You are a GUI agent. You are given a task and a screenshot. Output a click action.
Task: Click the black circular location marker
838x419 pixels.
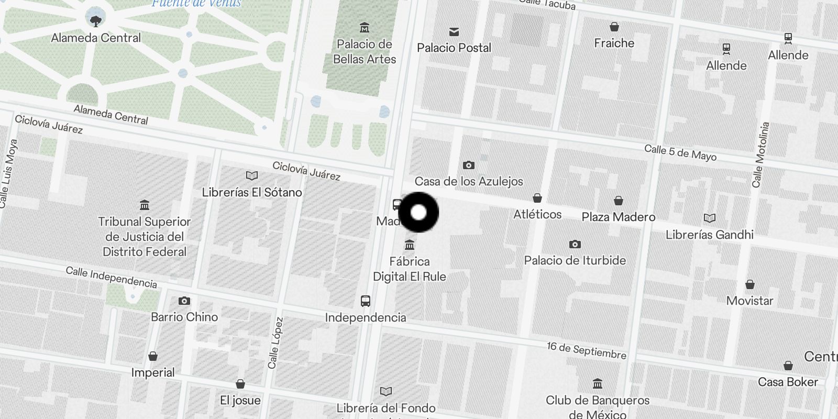tap(418, 213)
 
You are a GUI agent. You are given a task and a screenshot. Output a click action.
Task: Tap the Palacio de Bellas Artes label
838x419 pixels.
tap(365, 52)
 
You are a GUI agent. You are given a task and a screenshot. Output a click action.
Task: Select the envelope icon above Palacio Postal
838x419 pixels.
tap(454, 32)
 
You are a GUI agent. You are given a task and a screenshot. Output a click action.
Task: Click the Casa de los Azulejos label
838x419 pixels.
tap(469, 181)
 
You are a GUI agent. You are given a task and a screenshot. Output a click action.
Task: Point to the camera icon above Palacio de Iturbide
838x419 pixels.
tap(575, 244)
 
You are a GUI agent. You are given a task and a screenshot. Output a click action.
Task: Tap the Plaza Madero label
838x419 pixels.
tap(619, 217)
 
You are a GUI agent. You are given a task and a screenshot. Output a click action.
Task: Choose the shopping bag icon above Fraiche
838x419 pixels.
tap(614, 27)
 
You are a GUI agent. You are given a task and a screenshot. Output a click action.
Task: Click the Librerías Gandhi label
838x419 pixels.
tap(710, 235)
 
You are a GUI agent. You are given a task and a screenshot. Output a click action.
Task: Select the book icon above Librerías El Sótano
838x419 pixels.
tap(252, 176)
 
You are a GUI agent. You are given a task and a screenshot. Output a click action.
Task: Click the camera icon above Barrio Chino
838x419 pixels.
tap(184, 301)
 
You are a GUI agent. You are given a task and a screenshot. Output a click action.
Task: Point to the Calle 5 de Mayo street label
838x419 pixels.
tap(680, 152)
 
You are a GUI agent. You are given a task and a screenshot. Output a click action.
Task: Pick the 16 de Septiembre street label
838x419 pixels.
tap(586, 350)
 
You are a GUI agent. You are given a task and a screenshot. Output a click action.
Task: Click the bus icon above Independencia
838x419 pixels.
tap(366, 301)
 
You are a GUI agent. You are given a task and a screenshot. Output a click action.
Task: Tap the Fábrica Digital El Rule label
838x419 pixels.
tap(410, 269)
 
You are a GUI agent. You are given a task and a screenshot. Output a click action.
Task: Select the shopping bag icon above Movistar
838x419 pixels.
tap(750, 284)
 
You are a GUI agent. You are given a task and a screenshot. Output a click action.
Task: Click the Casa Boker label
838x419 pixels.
tap(788, 382)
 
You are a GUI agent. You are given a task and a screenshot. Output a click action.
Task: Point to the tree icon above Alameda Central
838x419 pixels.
tap(95, 21)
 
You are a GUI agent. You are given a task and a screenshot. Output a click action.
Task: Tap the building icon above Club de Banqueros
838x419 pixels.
tap(598, 384)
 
